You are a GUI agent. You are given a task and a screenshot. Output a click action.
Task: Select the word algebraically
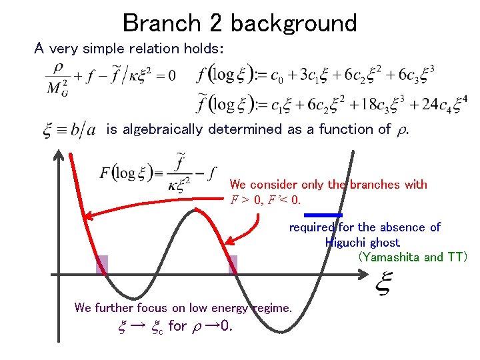(163, 129)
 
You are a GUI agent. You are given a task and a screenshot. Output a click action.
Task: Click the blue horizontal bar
(323, 215)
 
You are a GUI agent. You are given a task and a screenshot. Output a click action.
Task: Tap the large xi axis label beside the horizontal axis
(383, 285)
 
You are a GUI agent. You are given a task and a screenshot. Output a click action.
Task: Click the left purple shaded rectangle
(101, 265)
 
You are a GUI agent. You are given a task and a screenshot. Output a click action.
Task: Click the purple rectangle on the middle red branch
(233, 265)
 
